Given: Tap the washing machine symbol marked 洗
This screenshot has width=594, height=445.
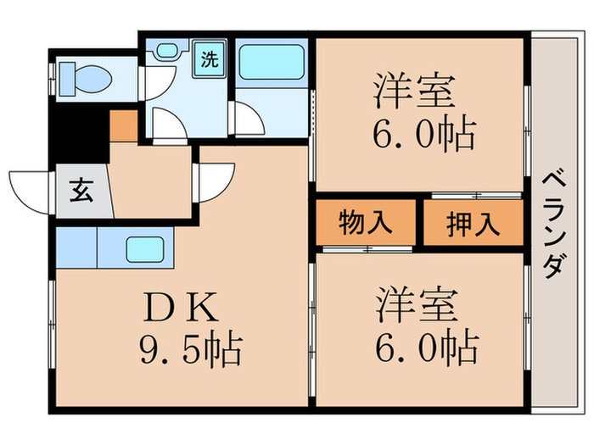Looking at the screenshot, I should pyautogui.click(x=207, y=61).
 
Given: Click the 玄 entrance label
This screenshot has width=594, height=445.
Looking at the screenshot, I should pyautogui.click(x=81, y=192).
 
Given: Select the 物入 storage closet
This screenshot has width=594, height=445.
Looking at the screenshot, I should pyautogui.click(x=367, y=223).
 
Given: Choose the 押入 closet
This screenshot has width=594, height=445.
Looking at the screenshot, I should pyautogui.click(x=473, y=223).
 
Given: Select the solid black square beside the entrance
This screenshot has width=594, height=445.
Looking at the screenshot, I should pyautogui.click(x=78, y=132).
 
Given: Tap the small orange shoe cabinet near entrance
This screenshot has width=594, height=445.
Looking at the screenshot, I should pyautogui.click(x=123, y=125).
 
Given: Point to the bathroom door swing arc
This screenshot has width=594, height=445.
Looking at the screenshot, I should pyautogui.click(x=248, y=119).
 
